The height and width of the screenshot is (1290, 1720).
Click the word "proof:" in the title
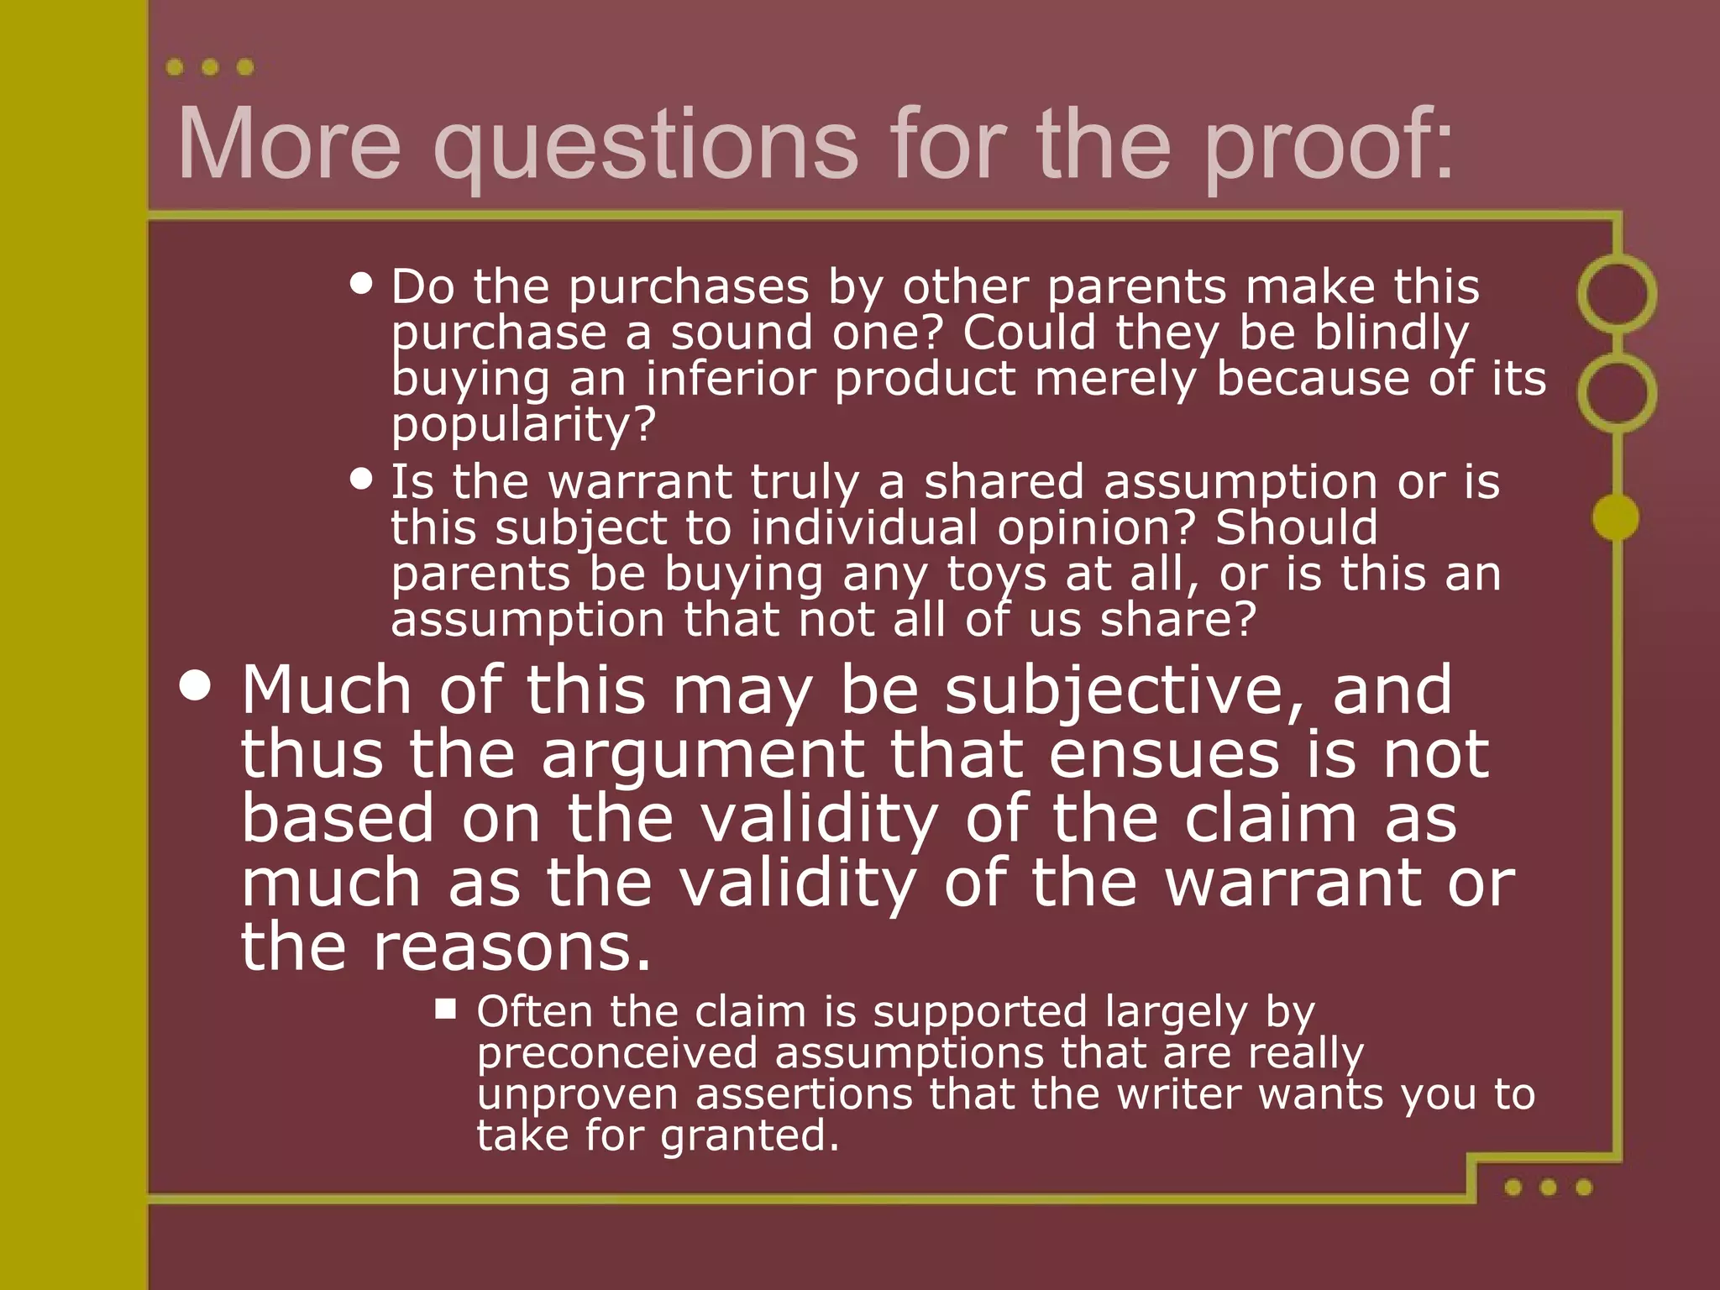tap(1329, 144)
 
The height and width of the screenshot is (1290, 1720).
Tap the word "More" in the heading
tap(290, 144)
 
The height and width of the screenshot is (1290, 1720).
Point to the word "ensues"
tap(1164, 754)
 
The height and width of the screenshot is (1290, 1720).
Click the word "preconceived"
tap(617, 1054)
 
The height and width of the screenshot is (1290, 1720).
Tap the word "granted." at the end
tap(749, 1136)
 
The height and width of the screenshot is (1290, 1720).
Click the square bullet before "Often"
tap(445, 1009)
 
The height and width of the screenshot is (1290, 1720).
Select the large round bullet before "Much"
tap(196, 685)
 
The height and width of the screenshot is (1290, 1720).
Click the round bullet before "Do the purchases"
tap(361, 283)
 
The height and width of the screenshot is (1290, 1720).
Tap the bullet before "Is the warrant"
tap(361, 479)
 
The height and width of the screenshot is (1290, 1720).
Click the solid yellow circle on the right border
tap(1616, 517)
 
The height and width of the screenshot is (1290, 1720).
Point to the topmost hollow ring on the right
tap(1617, 294)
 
